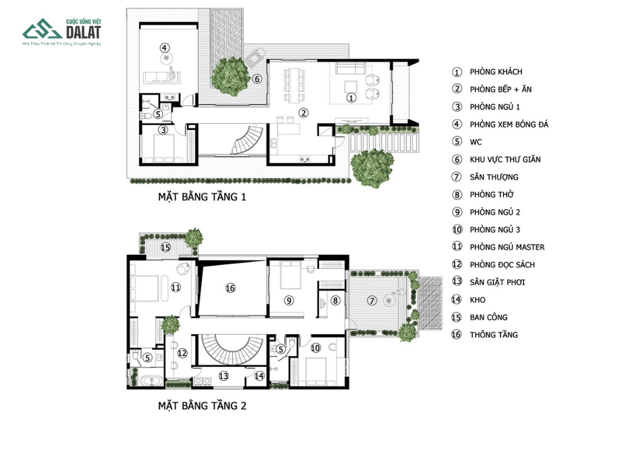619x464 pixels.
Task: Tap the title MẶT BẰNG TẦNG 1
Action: (x=202, y=197)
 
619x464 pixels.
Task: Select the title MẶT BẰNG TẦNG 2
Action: (x=202, y=405)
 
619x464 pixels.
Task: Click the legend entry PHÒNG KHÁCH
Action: (x=496, y=72)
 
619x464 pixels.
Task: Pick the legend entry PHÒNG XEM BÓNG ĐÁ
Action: (x=509, y=124)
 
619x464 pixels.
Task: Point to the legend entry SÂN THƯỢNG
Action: (x=494, y=177)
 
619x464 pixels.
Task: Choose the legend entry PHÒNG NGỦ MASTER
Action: (x=507, y=247)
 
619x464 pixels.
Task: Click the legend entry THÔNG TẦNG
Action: (x=493, y=335)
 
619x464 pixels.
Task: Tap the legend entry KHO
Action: (x=478, y=300)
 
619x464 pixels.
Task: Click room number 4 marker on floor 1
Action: (x=164, y=48)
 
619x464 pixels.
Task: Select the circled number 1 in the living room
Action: (x=351, y=97)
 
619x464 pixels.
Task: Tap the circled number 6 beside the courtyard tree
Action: (x=257, y=79)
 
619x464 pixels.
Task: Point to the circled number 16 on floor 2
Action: (x=230, y=288)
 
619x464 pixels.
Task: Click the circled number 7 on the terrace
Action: (x=372, y=301)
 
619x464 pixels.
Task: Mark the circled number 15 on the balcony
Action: (x=166, y=247)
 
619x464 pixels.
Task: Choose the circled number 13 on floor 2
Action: (x=224, y=376)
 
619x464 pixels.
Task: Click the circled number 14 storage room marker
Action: (x=259, y=376)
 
